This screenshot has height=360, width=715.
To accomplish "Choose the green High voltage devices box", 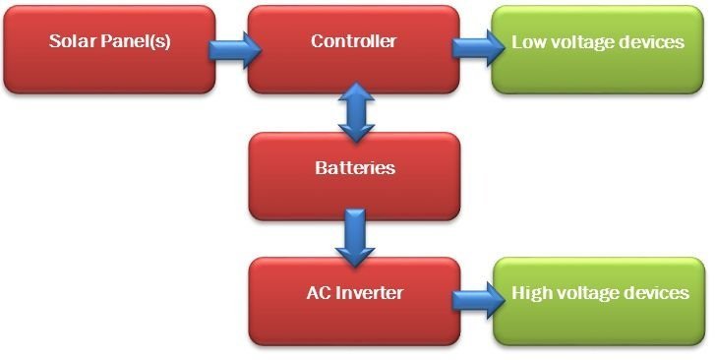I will click(x=599, y=301).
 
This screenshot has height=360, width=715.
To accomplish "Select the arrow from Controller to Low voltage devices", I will click(x=475, y=47).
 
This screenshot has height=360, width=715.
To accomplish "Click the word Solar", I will click(x=69, y=41).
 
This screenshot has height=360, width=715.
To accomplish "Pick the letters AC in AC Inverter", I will click(x=318, y=292).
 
